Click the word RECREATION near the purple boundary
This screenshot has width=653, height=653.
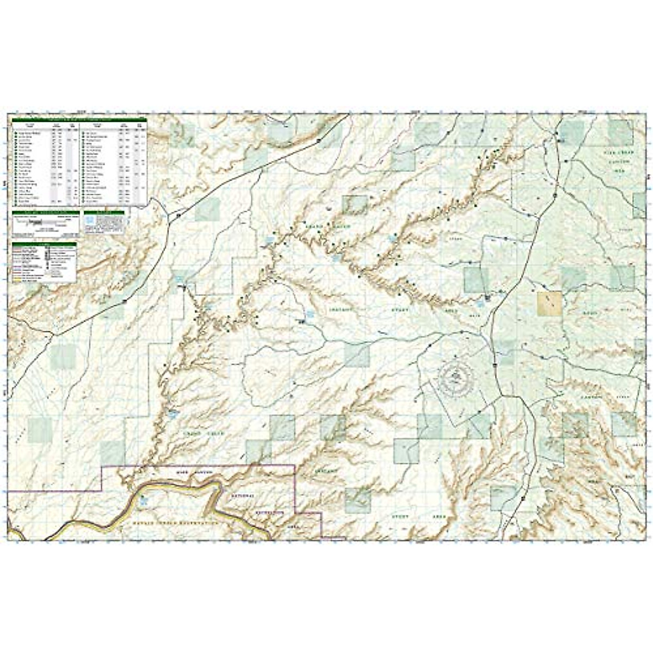tap(270, 513)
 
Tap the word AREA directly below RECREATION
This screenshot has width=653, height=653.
tap(293, 527)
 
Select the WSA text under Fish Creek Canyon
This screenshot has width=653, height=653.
tap(618, 170)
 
